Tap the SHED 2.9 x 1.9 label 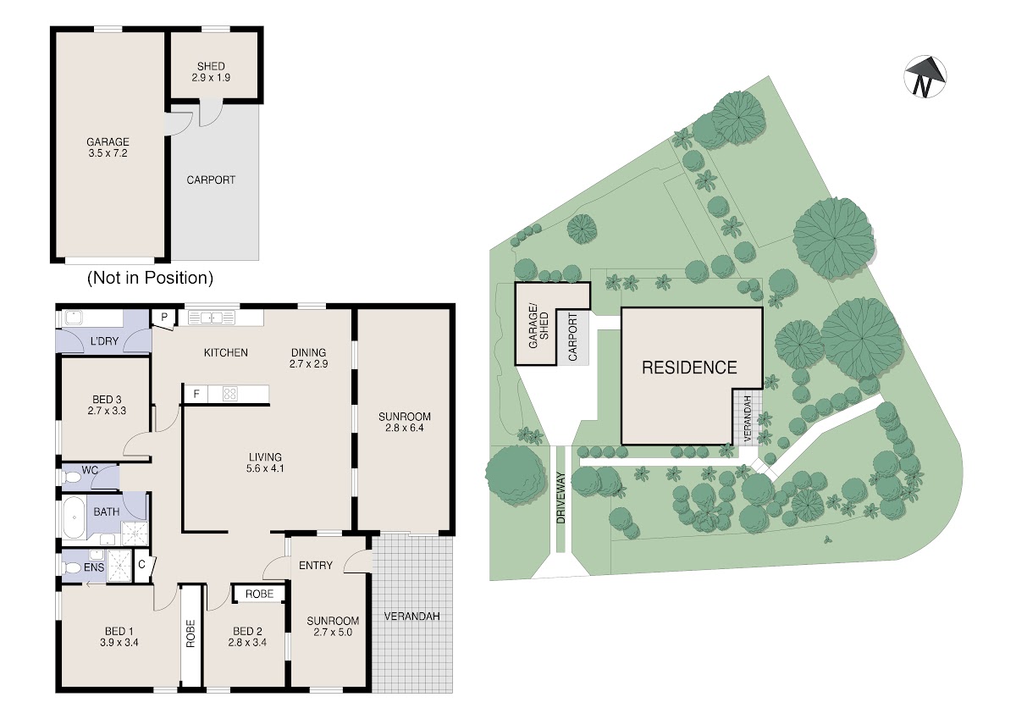pos(211,72)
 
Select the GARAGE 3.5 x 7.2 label pos(108,147)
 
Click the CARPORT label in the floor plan pos(211,180)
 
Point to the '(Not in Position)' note pos(150,278)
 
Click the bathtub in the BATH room pos(73,517)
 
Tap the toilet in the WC pos(71,478)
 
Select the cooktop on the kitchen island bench pos(230,393)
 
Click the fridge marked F pos(196,394)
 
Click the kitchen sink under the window pos(212,317)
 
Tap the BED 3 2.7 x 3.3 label pos(107,405)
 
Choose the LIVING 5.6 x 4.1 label pos(265,462)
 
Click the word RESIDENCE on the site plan pos(689,368)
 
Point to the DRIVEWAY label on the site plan pos(561,498)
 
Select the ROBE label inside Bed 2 pos(259,594)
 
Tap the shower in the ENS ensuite pos(119,565)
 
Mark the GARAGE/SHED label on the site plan pos(538,328)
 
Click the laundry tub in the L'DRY pos(74,318)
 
